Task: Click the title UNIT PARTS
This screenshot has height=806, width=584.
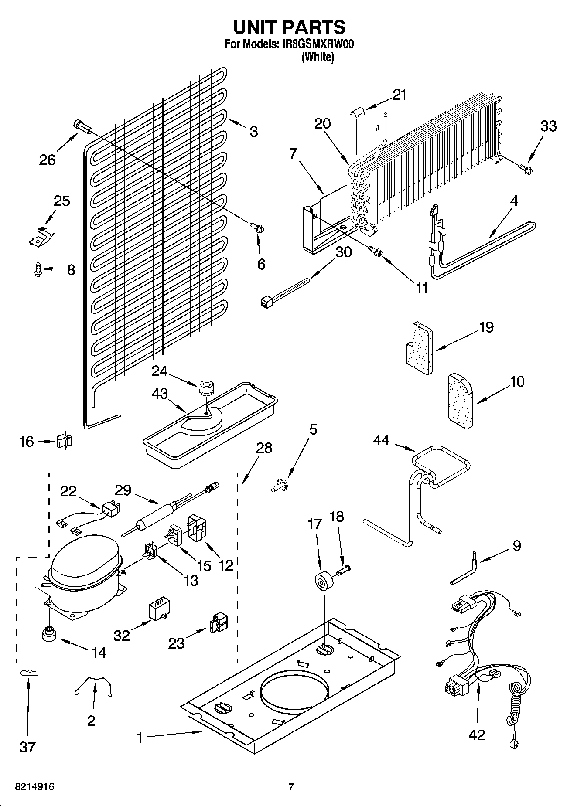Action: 289,27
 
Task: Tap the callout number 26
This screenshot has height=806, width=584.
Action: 47,160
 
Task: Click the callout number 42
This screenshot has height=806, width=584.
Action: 477,735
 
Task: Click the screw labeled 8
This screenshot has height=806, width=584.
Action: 38,270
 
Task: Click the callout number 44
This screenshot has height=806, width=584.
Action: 381,441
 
